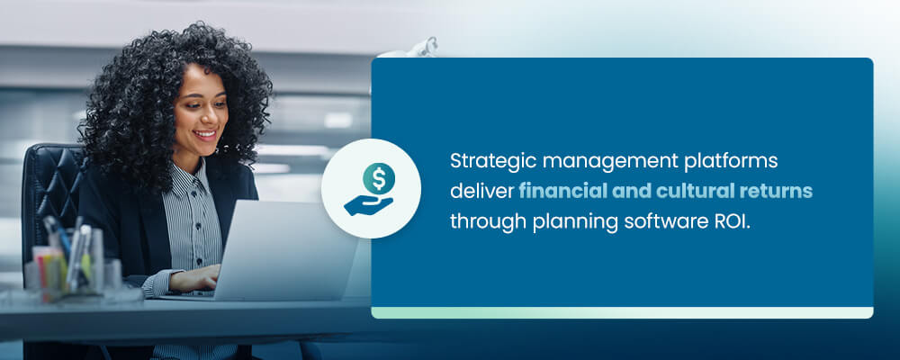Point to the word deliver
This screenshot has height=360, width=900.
[x=481, y=192]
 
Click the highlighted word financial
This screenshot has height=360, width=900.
[x=562, y=192]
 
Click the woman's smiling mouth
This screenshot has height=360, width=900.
[x=205, y=136]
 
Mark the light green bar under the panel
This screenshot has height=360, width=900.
[x=622, y=312]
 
